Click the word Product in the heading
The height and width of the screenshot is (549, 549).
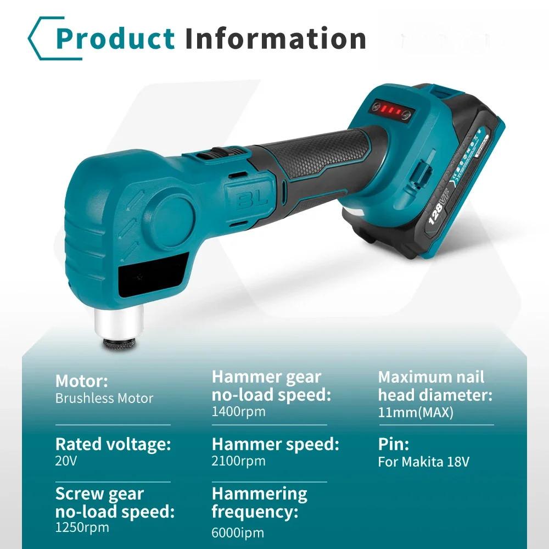coord(115,38)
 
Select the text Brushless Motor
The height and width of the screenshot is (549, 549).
coord(104,399)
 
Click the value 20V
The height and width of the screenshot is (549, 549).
coord(66,461)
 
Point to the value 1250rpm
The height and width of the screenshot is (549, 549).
coord(82,528)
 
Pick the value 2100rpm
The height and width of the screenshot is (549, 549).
coord(238,461)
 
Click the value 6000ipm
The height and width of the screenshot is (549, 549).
coord(238,533)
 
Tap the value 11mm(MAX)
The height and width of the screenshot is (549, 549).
coord(416,412)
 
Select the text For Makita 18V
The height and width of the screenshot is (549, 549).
coord(423,462)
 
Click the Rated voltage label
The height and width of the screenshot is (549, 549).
coord(113,444)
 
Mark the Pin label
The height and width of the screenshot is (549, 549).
coord(393,444)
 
